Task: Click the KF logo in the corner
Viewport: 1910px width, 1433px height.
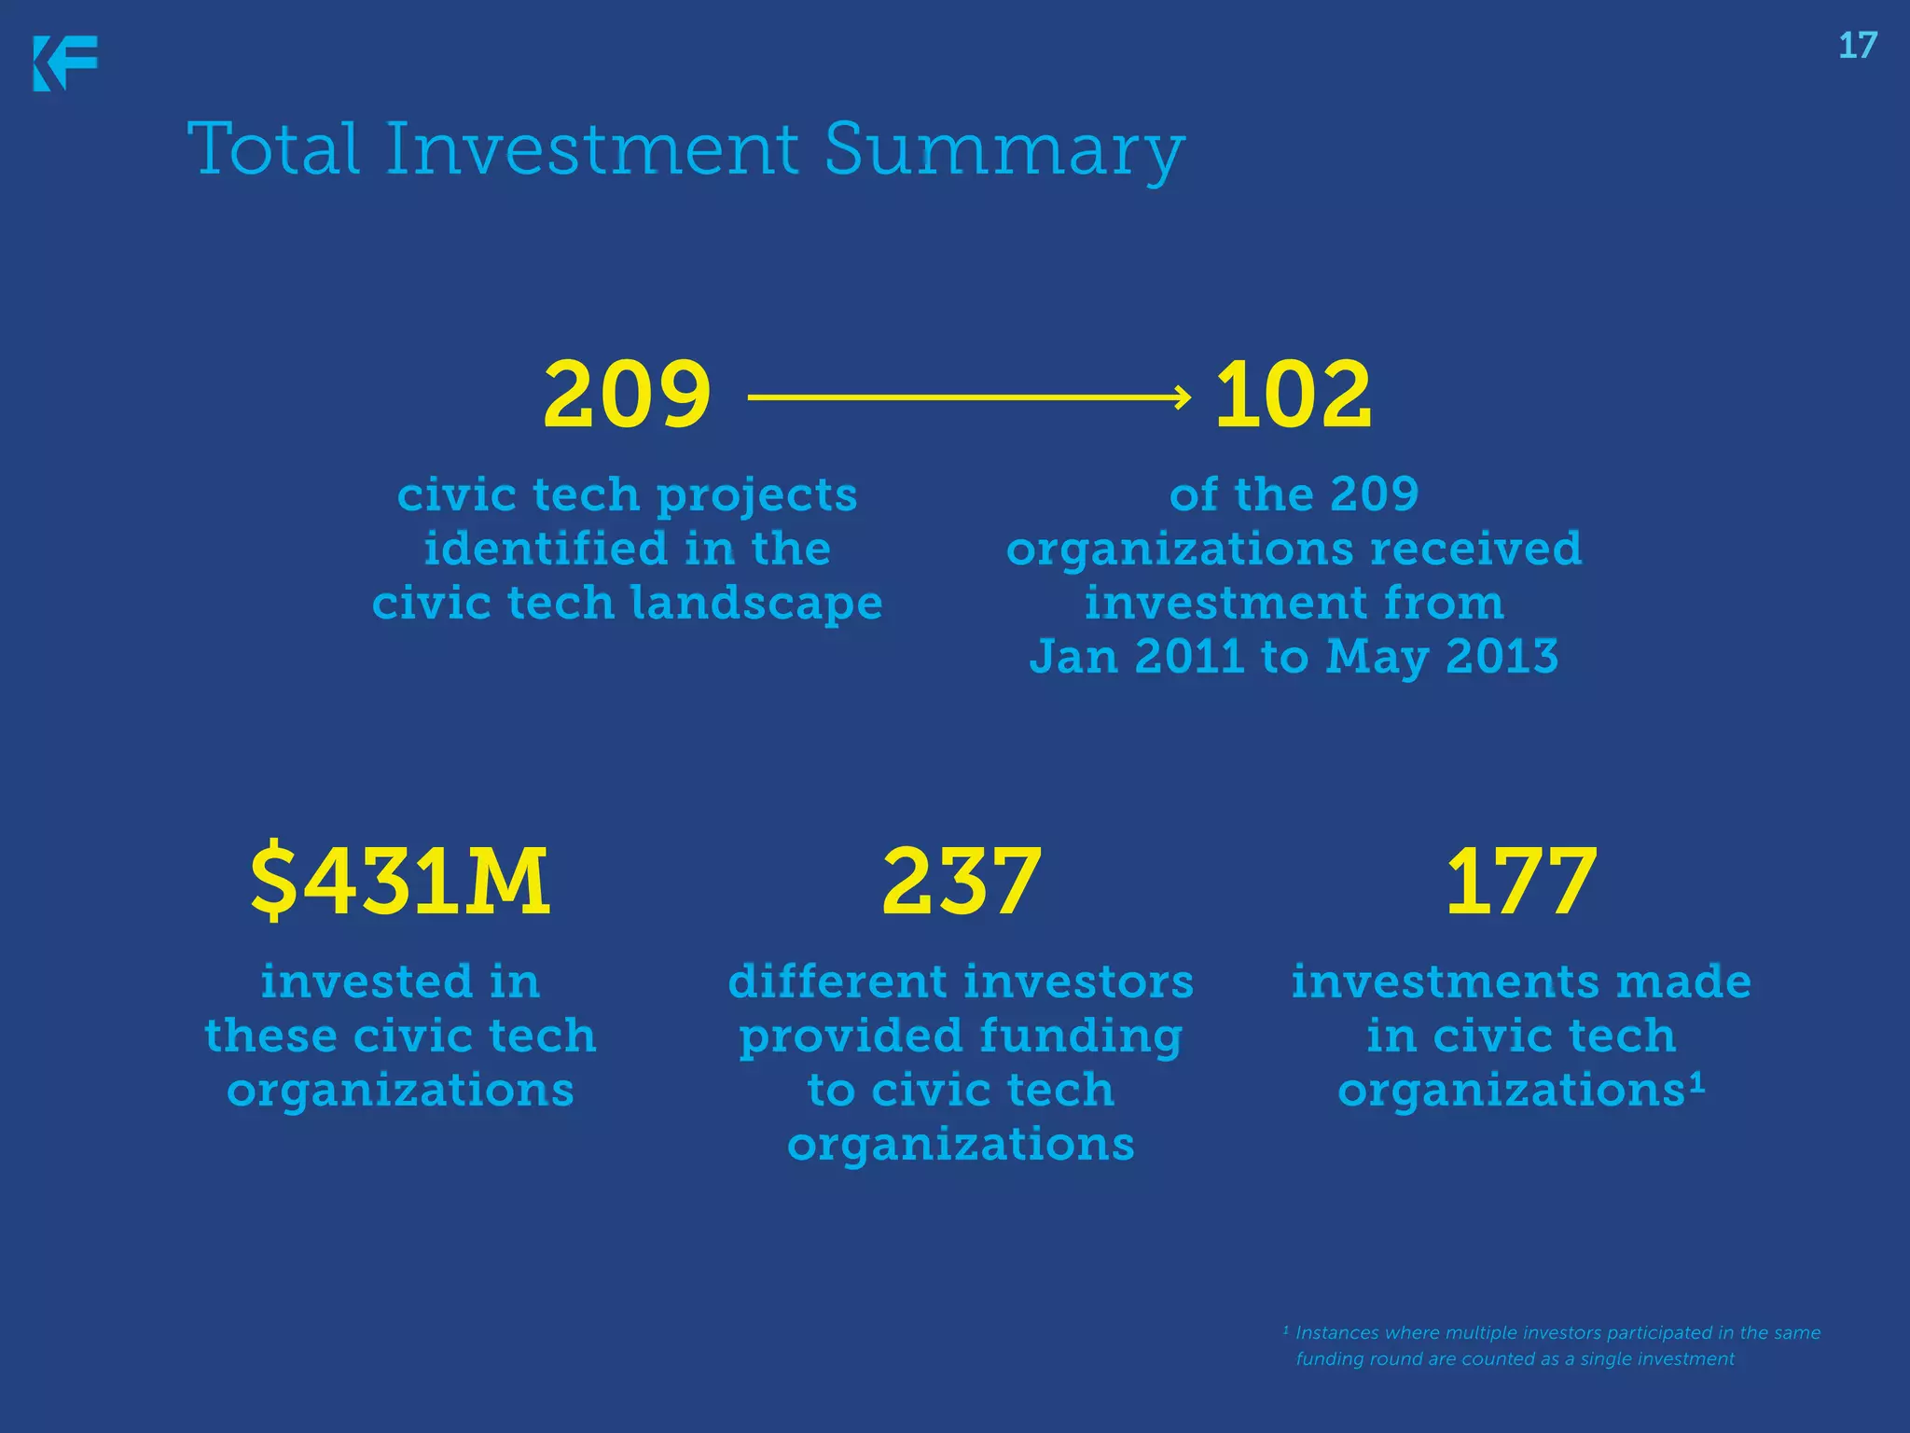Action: click(x=65, y=63)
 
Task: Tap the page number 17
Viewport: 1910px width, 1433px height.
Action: click(x=1857, y=46)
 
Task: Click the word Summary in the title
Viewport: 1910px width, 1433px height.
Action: click(x=1004, y=149)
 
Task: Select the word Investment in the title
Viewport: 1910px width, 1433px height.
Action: click(x=591, y=149)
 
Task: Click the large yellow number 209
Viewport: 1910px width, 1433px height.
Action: click(x=627, y=396)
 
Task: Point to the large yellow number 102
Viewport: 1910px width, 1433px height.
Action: click(x=1294, y=396)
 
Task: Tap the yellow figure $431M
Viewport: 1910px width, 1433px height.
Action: click(x=401, y=881)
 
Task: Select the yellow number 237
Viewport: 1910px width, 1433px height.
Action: click(x=961, y=881)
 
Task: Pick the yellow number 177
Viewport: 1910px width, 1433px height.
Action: click(x=1521, y=881)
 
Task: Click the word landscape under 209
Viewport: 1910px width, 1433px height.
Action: click(x=756, y=603)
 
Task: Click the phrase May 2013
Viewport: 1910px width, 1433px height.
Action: click(x=1442, y=657)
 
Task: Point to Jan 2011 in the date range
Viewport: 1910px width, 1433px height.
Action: click(x=1136, y=657)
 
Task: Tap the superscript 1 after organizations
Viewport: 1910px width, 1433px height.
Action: click(x=1696, y=1082)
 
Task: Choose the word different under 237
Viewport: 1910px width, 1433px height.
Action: click(x=837, y=981)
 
